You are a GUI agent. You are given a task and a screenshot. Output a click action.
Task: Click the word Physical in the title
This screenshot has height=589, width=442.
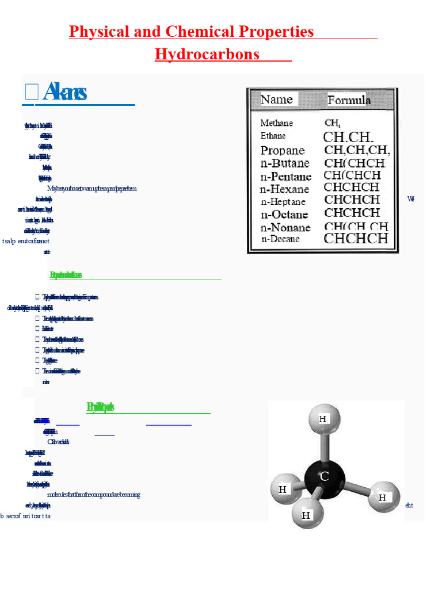coord(99,31)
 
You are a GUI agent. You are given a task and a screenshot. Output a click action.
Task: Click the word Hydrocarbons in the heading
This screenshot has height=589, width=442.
coord(207,54)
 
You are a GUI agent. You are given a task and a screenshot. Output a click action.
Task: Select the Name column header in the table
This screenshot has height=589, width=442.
coord(277,100)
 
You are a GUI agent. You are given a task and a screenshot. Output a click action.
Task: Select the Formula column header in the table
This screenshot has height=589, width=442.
coord(349,101)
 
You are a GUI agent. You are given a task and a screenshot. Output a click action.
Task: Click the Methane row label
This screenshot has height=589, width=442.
coord(276,123)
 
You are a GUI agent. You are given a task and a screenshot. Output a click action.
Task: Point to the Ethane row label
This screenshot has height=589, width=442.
coord(273,136)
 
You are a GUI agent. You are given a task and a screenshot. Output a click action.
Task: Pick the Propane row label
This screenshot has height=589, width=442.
coord(283,151)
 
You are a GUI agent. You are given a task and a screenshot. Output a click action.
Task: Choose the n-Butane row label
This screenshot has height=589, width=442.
coord(285,164)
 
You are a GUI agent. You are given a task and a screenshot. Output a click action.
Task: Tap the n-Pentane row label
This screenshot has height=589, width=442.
coord(286,177)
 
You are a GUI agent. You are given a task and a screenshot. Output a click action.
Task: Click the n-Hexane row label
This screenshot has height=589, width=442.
coord(284,189)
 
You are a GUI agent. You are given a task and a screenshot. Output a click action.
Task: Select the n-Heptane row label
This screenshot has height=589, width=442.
coord(283,202)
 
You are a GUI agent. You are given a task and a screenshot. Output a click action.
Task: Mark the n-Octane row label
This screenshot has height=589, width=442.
coord(284,215)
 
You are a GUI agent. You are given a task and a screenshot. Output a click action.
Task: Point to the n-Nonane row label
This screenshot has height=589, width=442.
coord(285,227)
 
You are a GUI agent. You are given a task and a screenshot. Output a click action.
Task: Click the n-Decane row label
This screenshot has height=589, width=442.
coord(280,239)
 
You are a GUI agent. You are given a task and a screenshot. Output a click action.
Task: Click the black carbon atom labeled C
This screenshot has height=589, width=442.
coord(325,476)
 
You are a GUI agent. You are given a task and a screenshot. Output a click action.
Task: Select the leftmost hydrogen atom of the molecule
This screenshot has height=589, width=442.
coord(283,490)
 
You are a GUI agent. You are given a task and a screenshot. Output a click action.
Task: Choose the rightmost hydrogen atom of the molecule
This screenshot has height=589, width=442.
coord(382,498)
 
